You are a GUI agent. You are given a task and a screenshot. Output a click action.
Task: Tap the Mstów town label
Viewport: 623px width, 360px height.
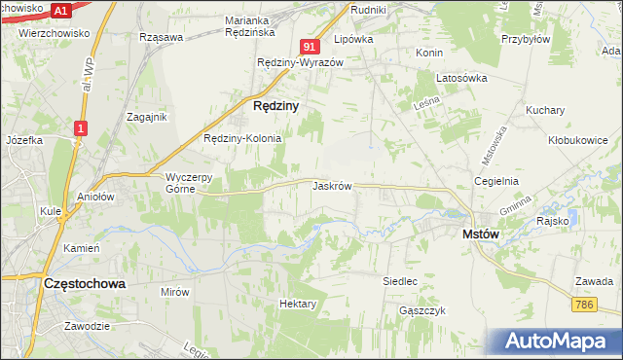coord(480,234)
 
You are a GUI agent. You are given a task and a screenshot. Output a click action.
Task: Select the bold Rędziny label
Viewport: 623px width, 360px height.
coord(275,105)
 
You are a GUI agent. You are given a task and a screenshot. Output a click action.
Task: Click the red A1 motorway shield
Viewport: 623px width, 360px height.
coord(60,10)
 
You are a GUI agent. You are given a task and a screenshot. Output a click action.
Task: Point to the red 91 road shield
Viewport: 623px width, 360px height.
coord(310,47)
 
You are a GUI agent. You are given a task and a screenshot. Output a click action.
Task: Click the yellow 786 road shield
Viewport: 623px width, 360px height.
coord(584,305)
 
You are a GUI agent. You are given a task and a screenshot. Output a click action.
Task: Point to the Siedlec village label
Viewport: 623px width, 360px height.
coord(400,281)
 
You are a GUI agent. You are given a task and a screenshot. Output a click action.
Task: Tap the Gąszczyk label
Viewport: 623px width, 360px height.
coord(421,310)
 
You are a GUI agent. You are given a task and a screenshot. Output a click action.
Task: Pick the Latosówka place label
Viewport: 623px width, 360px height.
coord(460,79)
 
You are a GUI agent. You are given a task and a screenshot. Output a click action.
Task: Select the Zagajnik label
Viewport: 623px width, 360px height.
coord(147,117)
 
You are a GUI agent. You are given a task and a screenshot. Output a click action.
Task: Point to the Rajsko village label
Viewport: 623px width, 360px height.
coord(552,221)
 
